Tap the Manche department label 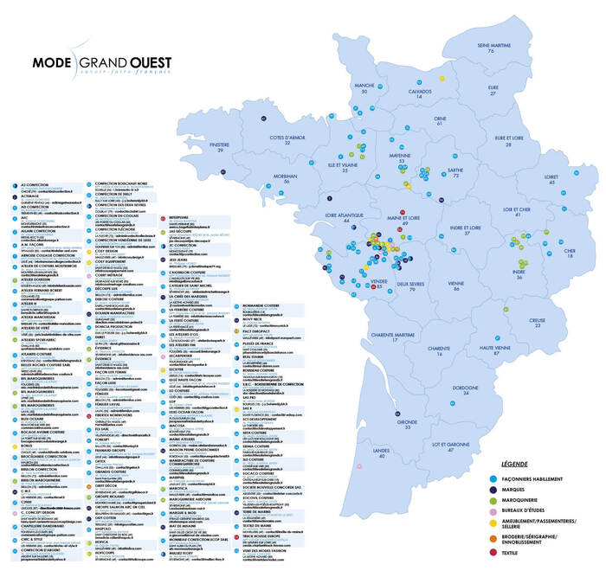click(364, 87)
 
